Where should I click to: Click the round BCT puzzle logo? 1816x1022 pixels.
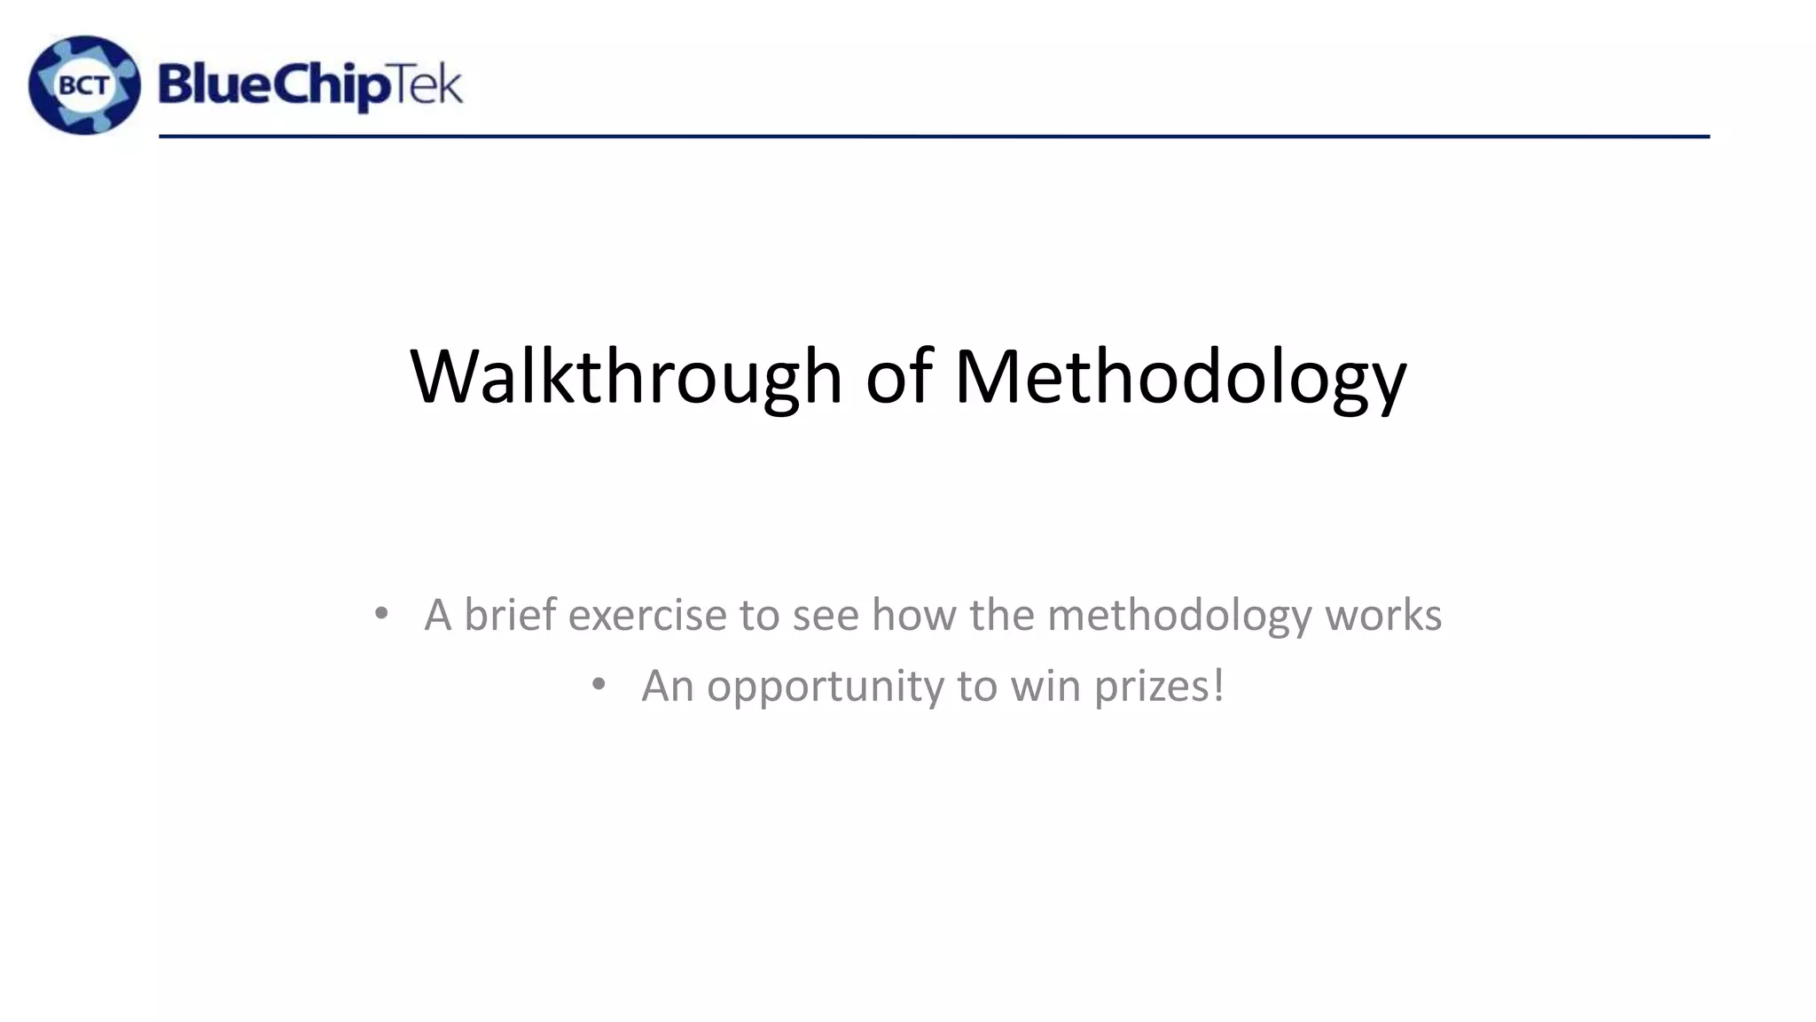click(84, 85)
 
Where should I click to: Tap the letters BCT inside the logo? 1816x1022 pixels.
click(84, 86)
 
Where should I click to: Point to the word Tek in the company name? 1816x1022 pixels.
click(427, 85)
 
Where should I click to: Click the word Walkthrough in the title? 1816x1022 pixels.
click(626, 377)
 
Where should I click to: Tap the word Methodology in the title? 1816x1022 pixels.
click(1180, 377)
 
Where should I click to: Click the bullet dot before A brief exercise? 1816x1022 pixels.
click(381, 613)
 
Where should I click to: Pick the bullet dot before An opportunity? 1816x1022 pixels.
click(599, 684)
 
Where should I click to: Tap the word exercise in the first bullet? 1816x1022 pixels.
click(647, 614)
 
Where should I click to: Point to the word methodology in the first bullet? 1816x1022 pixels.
click(1179, 616)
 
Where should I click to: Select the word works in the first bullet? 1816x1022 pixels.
click(1383, 614)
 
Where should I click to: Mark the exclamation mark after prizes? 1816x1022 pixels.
click(1218, 684)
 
